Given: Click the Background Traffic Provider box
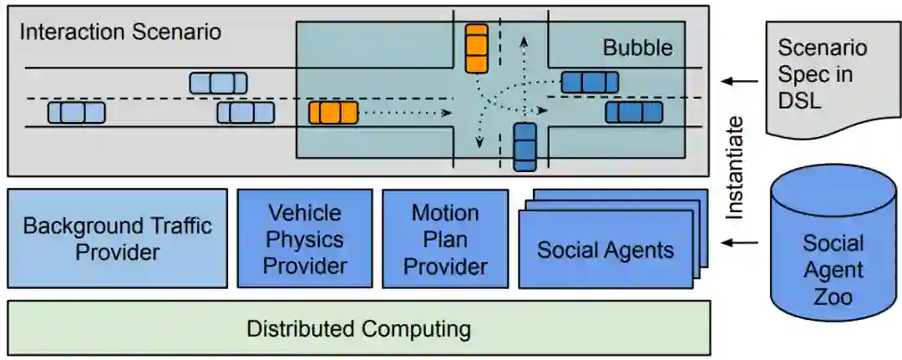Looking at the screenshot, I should (117, 239).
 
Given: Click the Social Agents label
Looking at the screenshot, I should (606, 250).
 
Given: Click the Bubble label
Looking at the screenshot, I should (637, 48).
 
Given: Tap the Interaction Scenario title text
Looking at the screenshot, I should (120, 33).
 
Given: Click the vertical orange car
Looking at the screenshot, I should (476, 48).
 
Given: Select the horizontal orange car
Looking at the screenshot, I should (333, 112).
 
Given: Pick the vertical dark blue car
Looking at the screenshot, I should (524, 147).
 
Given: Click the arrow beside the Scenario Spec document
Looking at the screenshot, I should (737, 81).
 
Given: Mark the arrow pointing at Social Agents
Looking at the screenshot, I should (739, 243).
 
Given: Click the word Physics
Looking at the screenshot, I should (304, 240).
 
